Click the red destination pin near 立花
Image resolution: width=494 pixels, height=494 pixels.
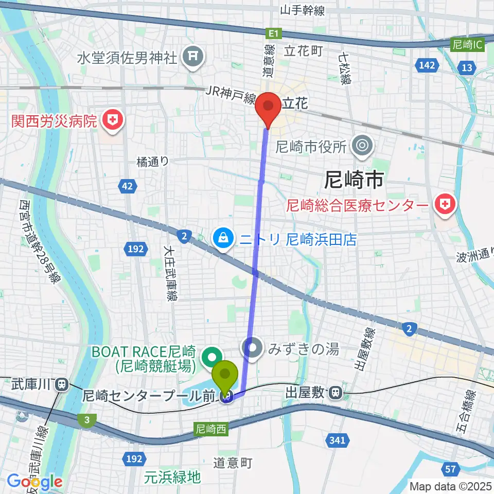269,107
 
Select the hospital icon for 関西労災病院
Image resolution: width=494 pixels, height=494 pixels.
110,121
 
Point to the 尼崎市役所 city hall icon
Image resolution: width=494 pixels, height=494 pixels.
362,147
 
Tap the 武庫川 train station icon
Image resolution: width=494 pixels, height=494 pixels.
62,383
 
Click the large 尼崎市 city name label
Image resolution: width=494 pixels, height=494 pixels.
354,180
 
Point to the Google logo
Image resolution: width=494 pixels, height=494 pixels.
34,482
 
